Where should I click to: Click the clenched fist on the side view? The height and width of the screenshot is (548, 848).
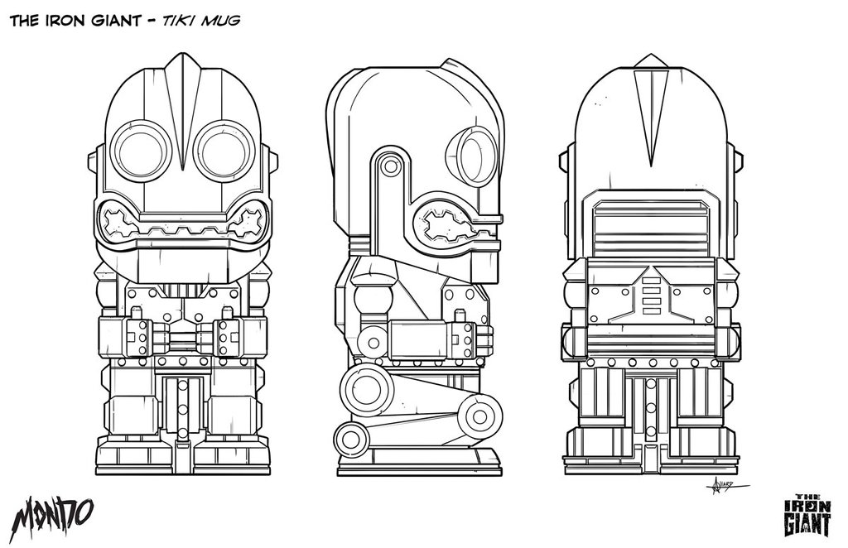[465, 338]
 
